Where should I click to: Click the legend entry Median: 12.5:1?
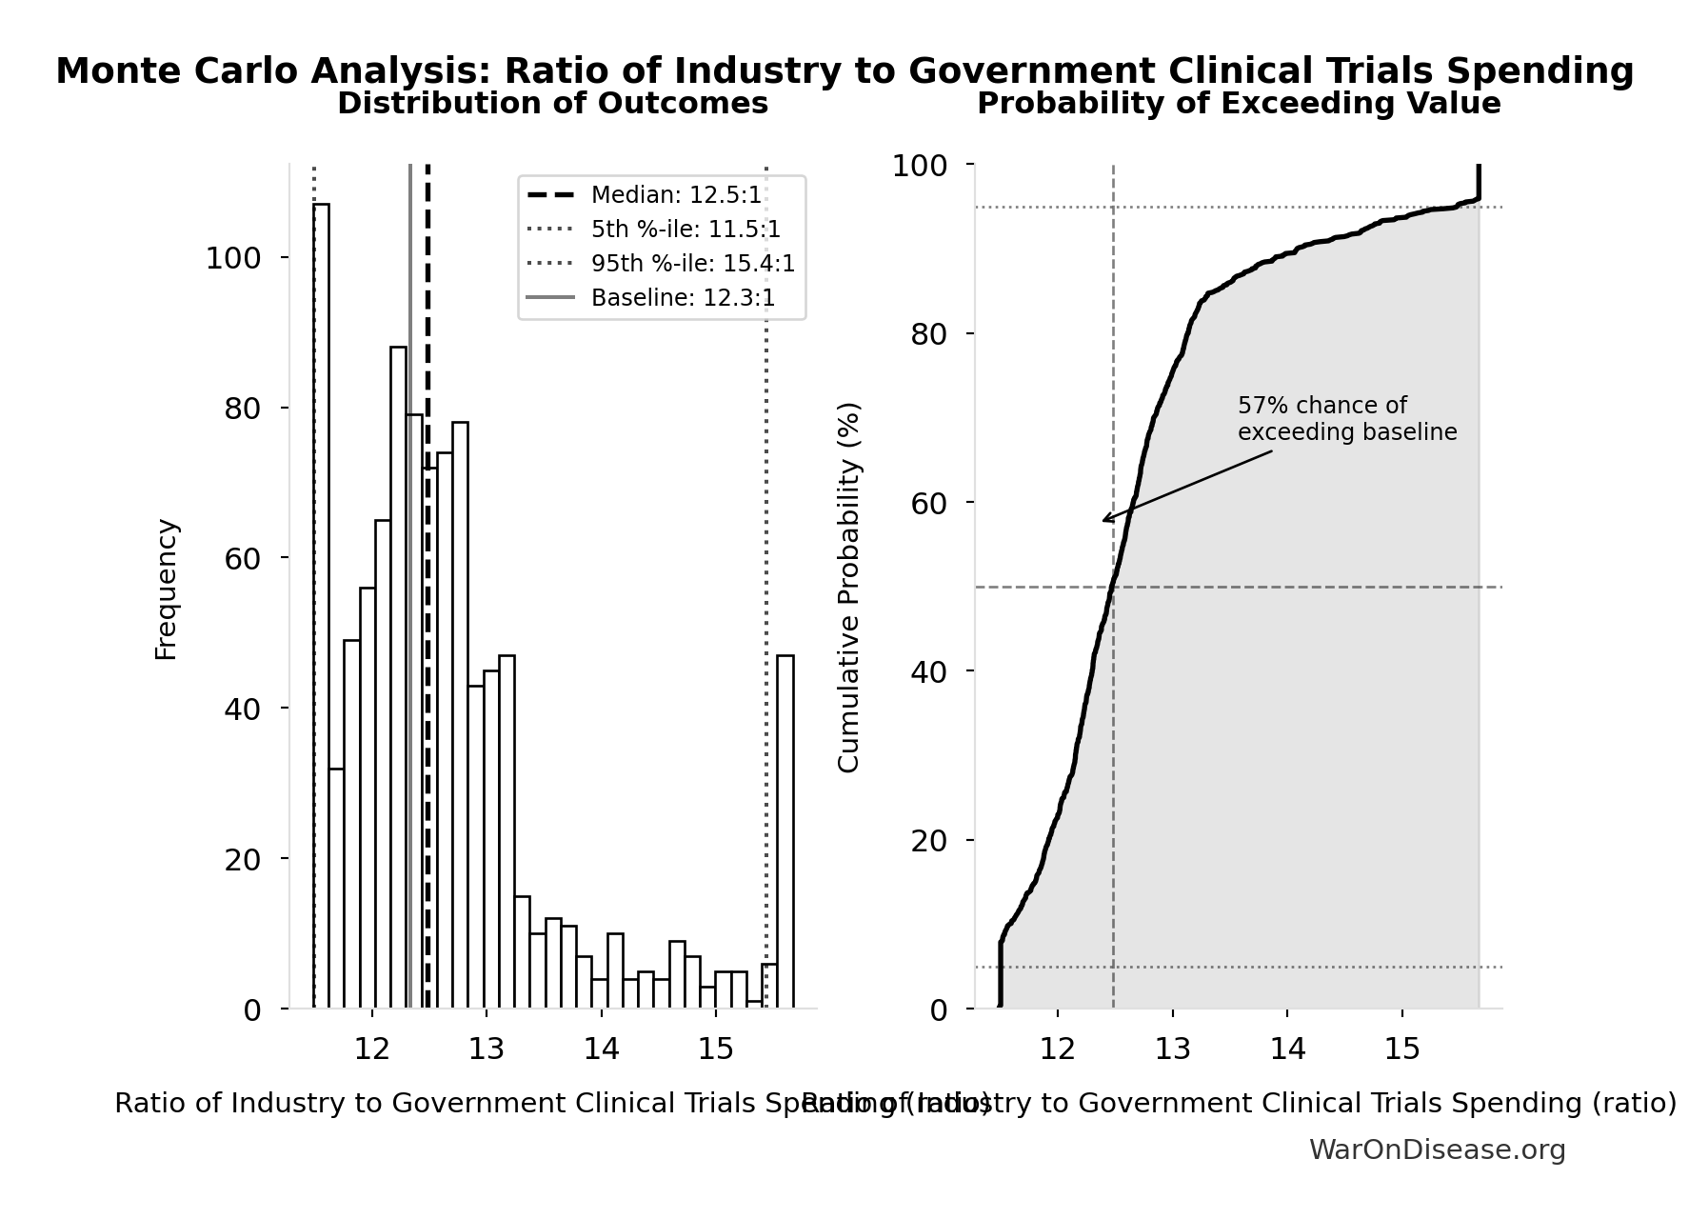676,195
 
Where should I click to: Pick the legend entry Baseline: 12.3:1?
683,298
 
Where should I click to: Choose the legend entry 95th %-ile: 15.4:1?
692,264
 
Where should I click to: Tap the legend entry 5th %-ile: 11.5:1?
686,230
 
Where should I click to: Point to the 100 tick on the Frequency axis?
233,258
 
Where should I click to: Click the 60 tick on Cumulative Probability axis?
928,503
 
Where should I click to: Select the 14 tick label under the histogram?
601,1049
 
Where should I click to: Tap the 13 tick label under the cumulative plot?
1172,1049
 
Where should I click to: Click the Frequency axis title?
166,589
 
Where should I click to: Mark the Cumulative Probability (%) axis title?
848,587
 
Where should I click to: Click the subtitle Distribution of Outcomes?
552,104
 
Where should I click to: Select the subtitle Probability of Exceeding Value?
1238,104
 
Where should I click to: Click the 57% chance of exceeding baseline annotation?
1346,419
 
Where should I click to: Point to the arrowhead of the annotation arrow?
1104,520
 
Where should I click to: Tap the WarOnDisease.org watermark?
1436,1149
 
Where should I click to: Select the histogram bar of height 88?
398,676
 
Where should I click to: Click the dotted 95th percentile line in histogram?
766,571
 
